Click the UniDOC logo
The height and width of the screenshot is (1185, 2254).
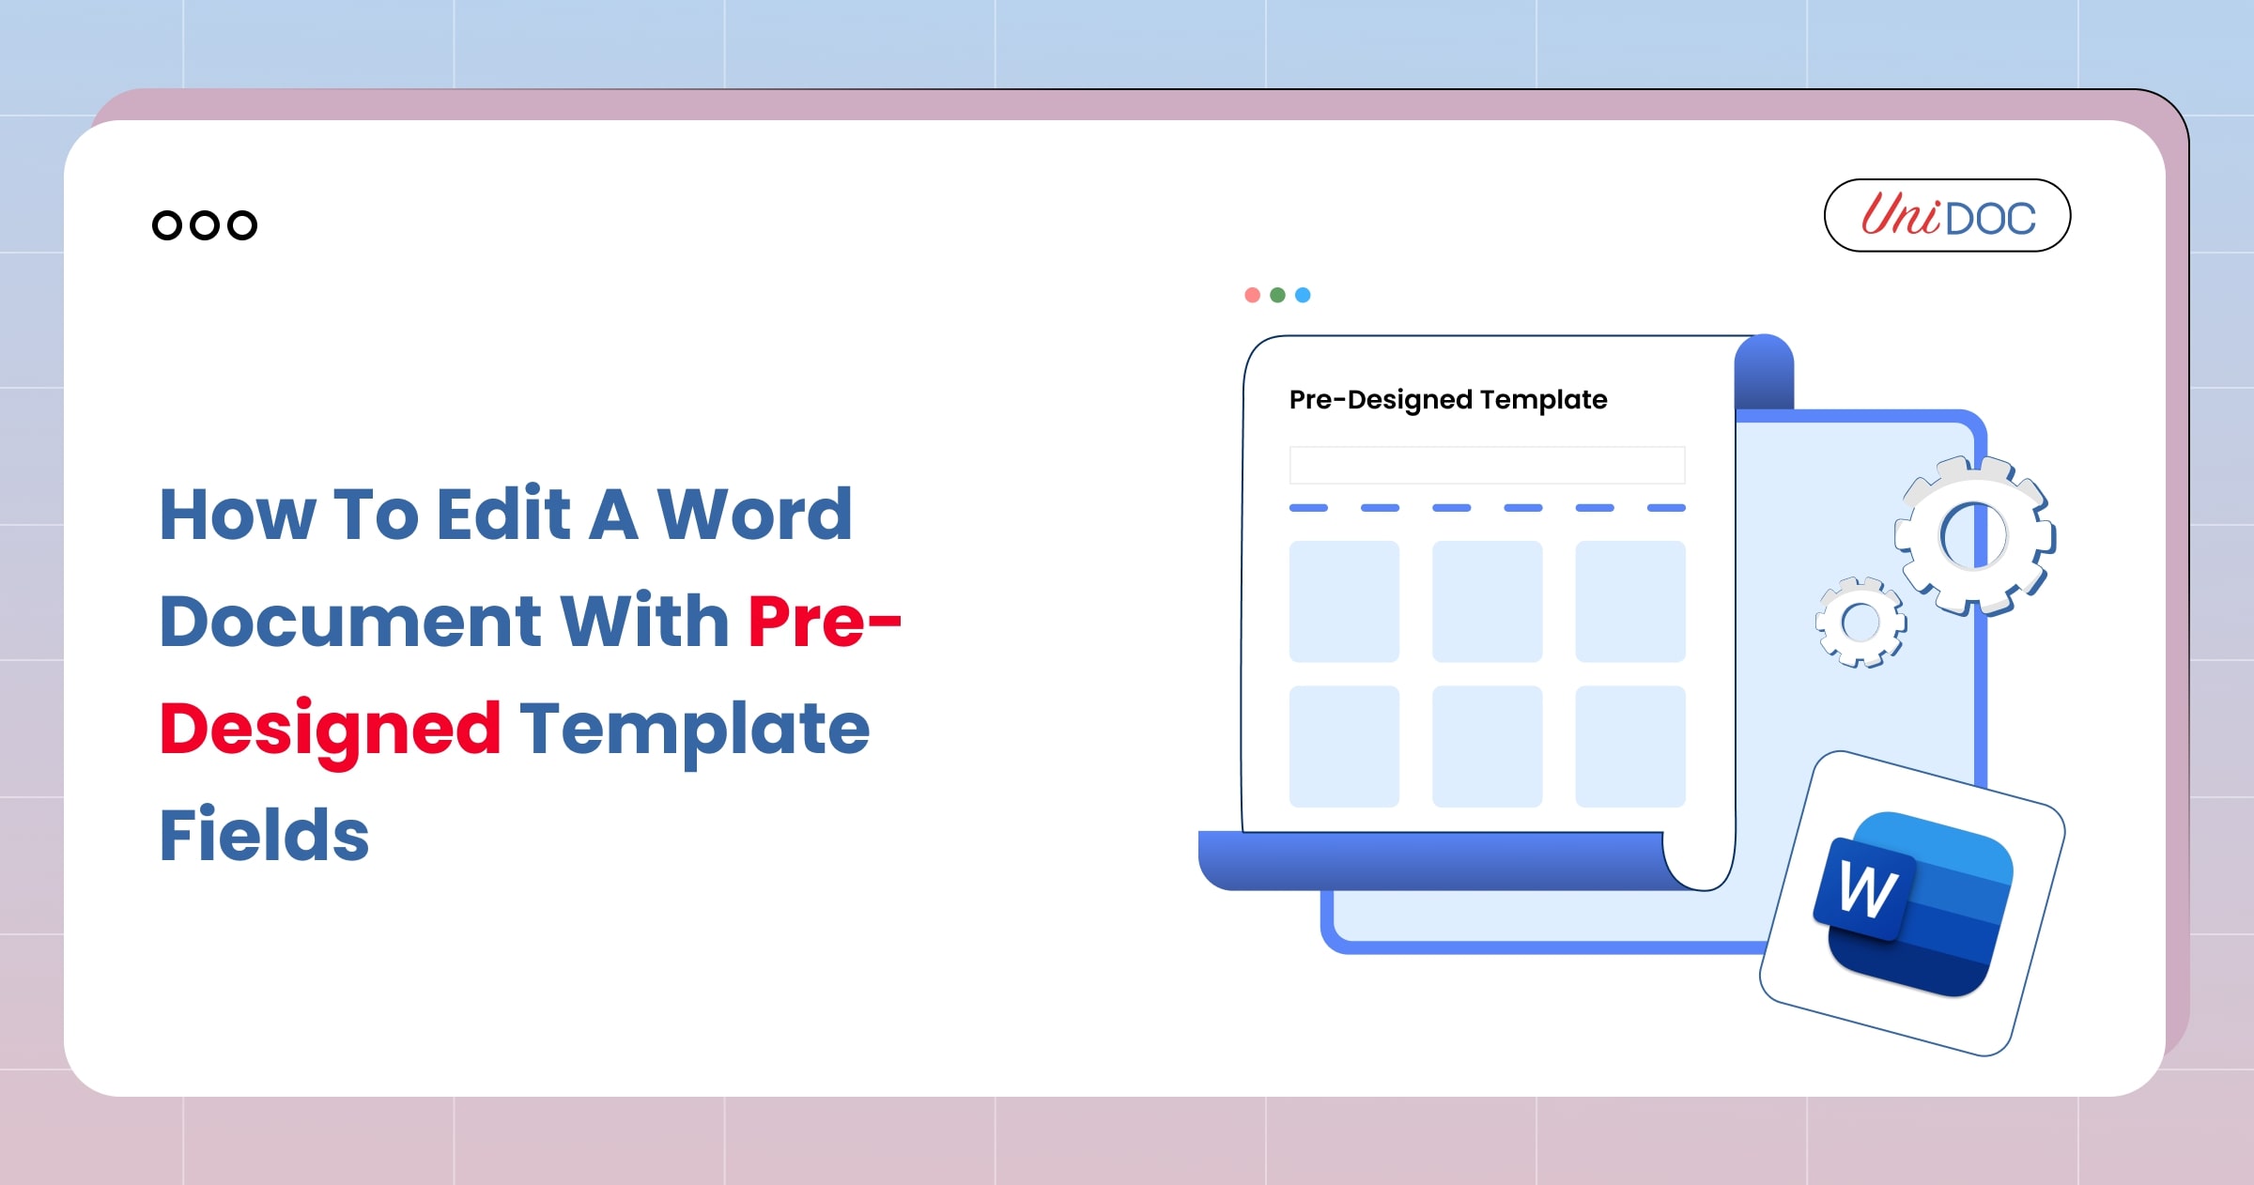(1947, 216)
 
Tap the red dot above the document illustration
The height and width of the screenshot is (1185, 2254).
(1252, 295)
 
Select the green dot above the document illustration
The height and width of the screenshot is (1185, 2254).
(1277, 295)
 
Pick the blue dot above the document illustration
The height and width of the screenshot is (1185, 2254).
(1303, 295)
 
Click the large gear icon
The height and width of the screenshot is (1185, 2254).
(1974, 536)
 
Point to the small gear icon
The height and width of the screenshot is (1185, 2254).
(1860, 622)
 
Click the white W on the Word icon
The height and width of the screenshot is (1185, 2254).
(1867, 889)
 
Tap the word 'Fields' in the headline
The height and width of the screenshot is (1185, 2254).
(264, 835)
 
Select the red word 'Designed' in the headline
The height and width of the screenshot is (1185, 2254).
(330, 729)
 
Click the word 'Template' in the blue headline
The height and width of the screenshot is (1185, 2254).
(694, 729)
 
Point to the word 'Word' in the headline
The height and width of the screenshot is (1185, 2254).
(754, 515)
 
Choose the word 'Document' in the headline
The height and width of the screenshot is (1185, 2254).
(350, 622)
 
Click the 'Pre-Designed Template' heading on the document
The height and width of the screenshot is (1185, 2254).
(1447, 400)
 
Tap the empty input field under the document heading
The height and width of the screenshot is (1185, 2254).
(1487, 465)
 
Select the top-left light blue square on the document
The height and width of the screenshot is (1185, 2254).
(1344, 601)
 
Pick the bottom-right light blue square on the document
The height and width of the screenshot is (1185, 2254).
(1630, 746)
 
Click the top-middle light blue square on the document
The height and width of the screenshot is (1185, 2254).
(1487, 601)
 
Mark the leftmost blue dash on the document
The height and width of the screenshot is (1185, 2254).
(1308, 508)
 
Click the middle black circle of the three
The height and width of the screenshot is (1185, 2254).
(205, 225)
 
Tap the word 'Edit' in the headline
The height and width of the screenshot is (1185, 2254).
(503, 515)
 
